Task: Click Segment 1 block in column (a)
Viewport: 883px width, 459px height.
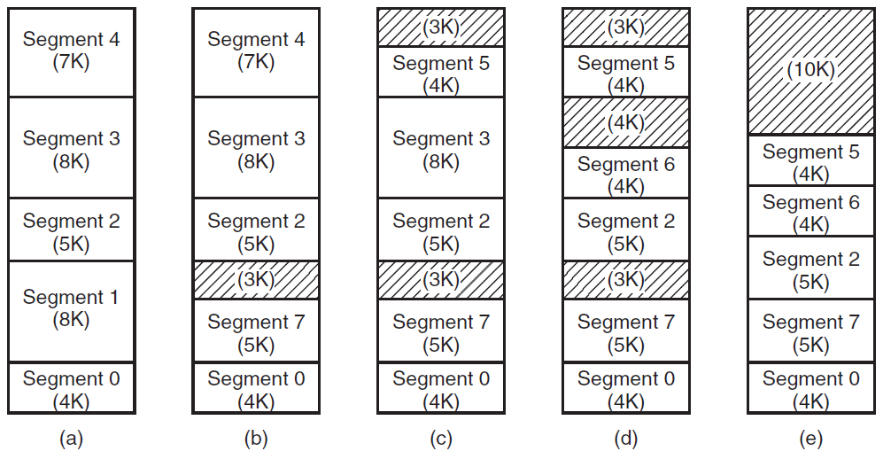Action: tap(72, 311)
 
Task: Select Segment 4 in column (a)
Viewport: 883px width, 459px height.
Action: tap(72, 52)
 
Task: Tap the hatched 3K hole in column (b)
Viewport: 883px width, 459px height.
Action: tap(256, 280)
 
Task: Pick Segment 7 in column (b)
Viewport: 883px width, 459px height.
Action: tap(256, 331)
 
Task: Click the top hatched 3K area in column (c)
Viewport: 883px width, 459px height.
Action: tap(441, 27)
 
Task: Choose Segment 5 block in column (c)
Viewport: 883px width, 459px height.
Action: tap(441, 72)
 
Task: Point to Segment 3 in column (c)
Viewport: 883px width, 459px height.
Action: tap(441, 148)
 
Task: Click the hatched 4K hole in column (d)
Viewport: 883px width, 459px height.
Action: tap(626, 122)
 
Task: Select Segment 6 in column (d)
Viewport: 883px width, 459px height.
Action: tap(626, 173)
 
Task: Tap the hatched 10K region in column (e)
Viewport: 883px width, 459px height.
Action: tap(811, 72)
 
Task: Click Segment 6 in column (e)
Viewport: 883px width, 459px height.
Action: tap(811, 211)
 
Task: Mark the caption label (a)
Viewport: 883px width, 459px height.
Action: tap(72, 439)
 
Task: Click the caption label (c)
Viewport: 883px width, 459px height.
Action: tap(441, 439)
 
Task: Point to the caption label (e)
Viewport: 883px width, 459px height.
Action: tap(811, 439)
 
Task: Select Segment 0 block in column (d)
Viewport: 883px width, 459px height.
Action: tap(626, 388)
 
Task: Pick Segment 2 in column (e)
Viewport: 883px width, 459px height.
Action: tap(811, 268)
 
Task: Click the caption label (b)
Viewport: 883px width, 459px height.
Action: tap(256, 439)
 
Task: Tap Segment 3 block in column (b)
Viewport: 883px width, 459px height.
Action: tap(256, 148)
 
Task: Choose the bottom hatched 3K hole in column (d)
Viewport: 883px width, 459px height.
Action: tap(626, 280)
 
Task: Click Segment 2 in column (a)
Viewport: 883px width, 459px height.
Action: tap(72, 229)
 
